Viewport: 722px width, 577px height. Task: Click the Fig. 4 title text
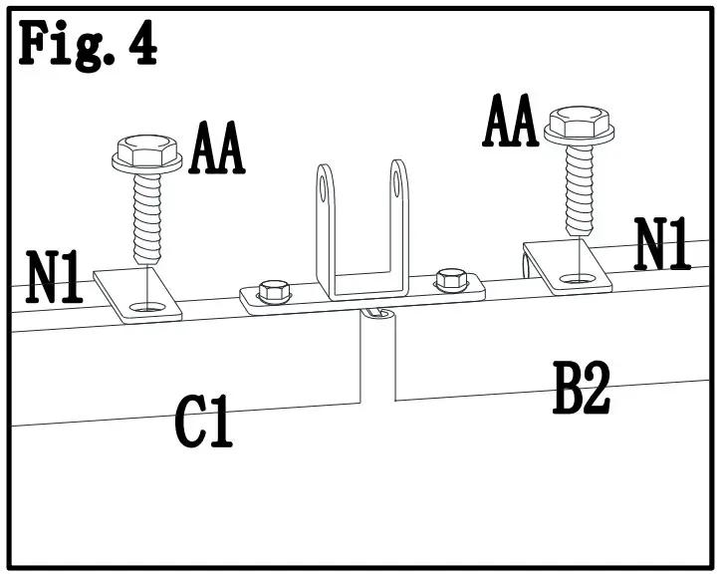tap(88, 46)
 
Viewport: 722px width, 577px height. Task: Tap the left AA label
tap(217, 150)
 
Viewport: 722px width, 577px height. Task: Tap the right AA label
tap(511, 123)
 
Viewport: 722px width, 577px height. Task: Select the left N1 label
tap(55, 278)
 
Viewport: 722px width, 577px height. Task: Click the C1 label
tap(204, 421)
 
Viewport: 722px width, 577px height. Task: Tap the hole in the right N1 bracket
tap(572, 279)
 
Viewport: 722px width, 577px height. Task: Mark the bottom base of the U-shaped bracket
tap(368, 292)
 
